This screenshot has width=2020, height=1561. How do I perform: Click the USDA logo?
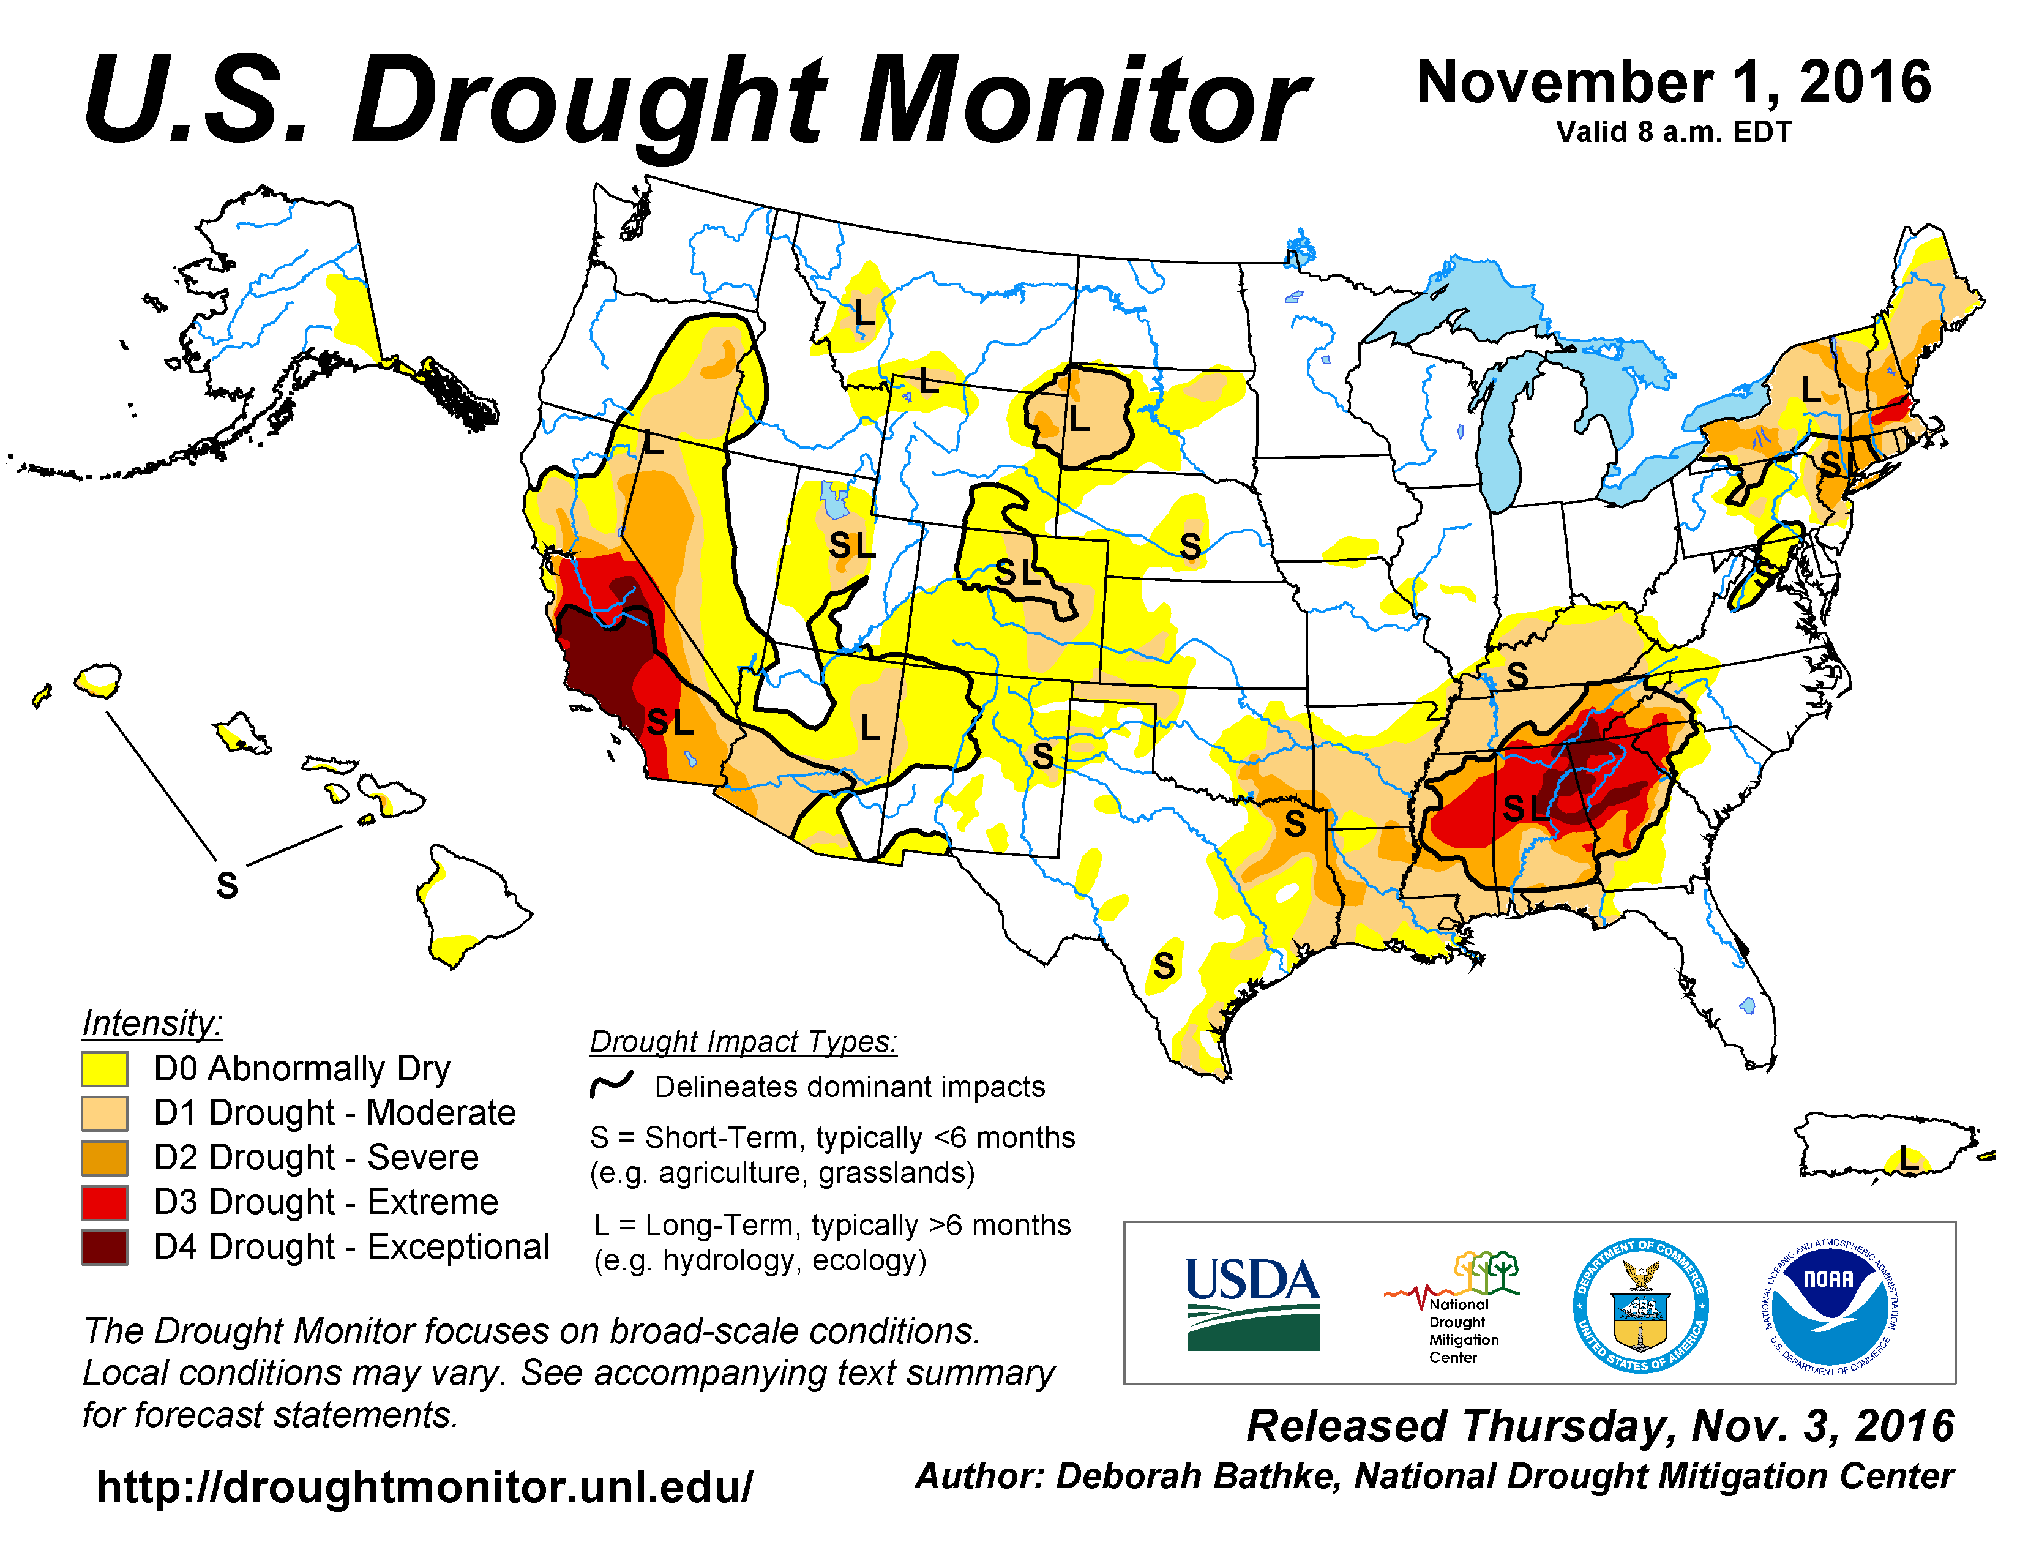tap(1252, 1304)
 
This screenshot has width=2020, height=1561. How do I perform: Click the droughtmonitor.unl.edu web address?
tap(425, 1487)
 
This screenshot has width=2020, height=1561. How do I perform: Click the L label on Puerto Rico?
tap(1908, 1156)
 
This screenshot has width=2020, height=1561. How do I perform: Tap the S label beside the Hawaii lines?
tap(226, 885)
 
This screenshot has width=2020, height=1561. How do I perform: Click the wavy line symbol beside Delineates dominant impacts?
tap(612, 1085)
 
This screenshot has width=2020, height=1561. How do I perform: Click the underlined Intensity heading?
tap(152, 1024)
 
